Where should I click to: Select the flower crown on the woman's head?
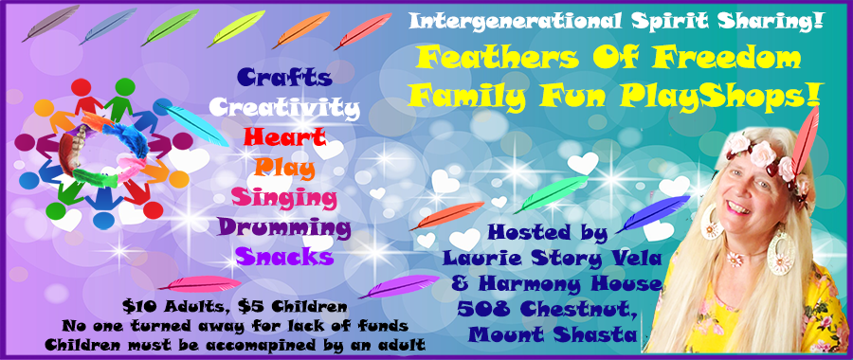click(758, 152)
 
